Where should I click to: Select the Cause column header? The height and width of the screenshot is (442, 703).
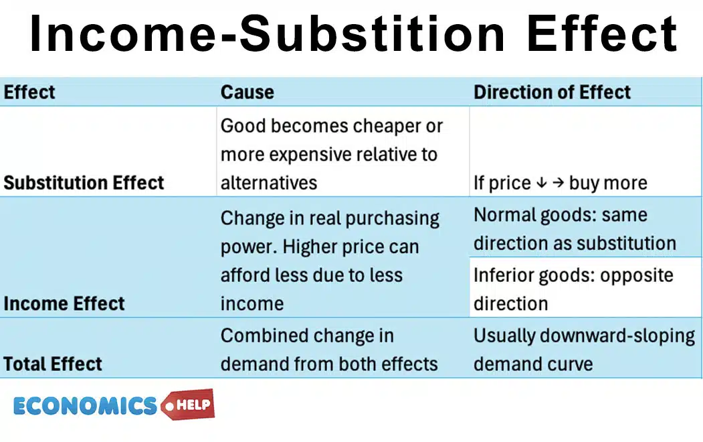coord(247,92)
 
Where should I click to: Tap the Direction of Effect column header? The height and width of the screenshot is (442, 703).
coord(552,92)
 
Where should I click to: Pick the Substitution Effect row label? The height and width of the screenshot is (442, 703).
coord(84,183)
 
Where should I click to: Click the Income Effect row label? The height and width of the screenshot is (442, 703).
coord(64,303)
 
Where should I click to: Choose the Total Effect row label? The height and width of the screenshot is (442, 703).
coord(53,364)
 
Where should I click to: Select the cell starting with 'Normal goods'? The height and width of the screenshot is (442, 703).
coord(574,229)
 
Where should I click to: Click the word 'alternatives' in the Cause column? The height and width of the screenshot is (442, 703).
coord(269,183)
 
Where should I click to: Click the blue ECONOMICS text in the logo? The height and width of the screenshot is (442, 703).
coord(85,406)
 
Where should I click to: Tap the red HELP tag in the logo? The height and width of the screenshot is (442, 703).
coord(190,404)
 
